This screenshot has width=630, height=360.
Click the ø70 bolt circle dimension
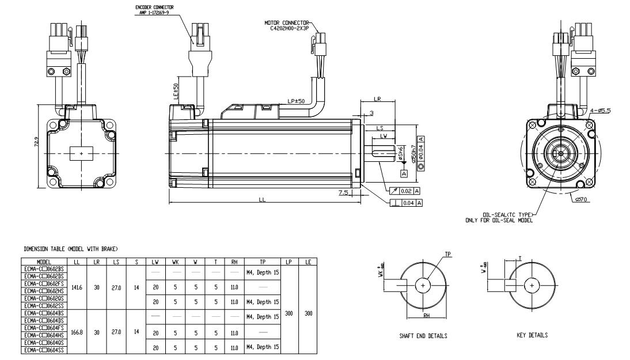[581, 200]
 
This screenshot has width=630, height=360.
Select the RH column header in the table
[234, 262]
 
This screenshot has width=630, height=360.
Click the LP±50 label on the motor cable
[297, 102]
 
